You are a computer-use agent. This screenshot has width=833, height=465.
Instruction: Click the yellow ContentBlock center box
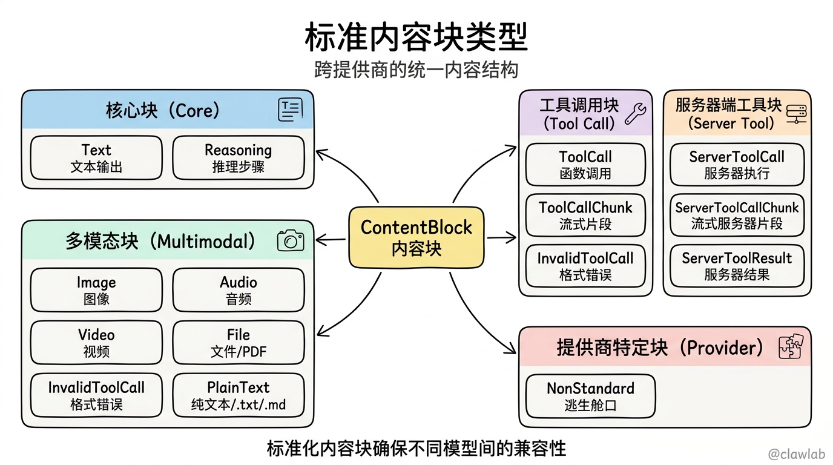point(416,237)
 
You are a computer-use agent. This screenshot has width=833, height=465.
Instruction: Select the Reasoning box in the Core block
point(239,158)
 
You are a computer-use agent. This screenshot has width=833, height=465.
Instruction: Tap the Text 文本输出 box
point(96,158)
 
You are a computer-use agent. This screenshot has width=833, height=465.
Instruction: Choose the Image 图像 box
point(96,290)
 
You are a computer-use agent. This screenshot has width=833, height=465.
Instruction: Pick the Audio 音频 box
point(239,290)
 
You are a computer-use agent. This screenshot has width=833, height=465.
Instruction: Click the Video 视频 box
point(96,343)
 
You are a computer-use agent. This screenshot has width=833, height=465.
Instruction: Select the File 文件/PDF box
point(239,343)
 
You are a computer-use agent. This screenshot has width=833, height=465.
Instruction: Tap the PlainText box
point(239,395)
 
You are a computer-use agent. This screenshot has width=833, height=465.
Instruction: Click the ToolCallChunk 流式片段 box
point(585,215)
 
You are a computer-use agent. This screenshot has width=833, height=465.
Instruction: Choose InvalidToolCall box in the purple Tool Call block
point(585,266)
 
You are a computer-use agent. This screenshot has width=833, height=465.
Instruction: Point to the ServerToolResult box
point(737,266)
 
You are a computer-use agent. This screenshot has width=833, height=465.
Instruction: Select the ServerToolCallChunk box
point(737,215)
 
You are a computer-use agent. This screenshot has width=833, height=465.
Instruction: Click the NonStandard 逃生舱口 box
point(590,396)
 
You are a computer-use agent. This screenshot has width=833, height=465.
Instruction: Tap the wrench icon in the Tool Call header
point(636,114)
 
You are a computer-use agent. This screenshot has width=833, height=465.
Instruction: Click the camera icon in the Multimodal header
point(291,240)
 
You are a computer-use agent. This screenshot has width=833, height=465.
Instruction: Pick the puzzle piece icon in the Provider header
point(791,346)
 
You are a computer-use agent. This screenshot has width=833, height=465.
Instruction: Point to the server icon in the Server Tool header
point(796,114)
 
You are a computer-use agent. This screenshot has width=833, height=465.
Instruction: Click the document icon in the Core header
point(291,110)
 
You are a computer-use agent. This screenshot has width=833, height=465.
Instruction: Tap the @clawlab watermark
point(797,454)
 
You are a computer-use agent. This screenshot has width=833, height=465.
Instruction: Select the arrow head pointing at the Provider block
point(510,349)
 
